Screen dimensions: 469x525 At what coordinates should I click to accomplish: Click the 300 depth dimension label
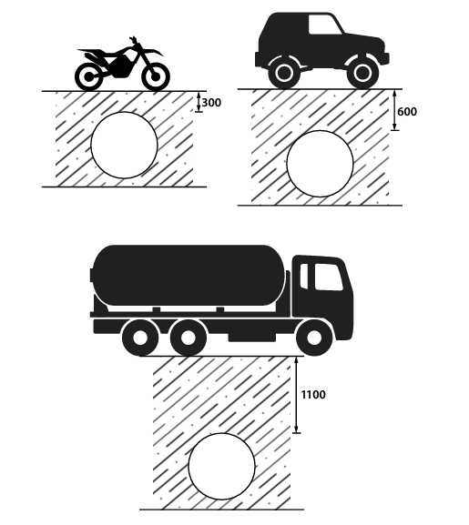coord(211,103)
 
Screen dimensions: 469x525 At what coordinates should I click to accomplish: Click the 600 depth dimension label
coord(407,112)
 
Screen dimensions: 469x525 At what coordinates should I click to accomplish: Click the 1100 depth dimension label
coord(313,395)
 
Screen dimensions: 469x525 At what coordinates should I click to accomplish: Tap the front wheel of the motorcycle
coord(156,76)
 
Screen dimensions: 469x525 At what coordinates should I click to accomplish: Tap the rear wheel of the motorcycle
coord(88,76)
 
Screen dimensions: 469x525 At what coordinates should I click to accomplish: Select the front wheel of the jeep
coord(362,73)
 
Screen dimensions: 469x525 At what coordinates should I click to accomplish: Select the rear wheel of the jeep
coord(284,73)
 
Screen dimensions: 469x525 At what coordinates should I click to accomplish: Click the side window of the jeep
coord(326,25)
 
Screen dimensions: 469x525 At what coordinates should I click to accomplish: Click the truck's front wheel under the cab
coord(314,338)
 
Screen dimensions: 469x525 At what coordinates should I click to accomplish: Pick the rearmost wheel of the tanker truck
coord(140,338)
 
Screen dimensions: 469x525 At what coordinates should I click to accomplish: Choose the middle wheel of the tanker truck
coord(188,338)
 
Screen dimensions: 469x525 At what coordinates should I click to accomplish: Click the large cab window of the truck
coord(328,278)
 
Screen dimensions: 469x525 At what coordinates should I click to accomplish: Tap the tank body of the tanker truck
coord(189,275)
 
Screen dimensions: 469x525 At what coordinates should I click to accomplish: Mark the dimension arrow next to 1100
coord(296,395)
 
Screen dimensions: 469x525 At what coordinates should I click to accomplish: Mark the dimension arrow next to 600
coord(394,110)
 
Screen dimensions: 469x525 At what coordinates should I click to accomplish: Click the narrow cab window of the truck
coord(304,276)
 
